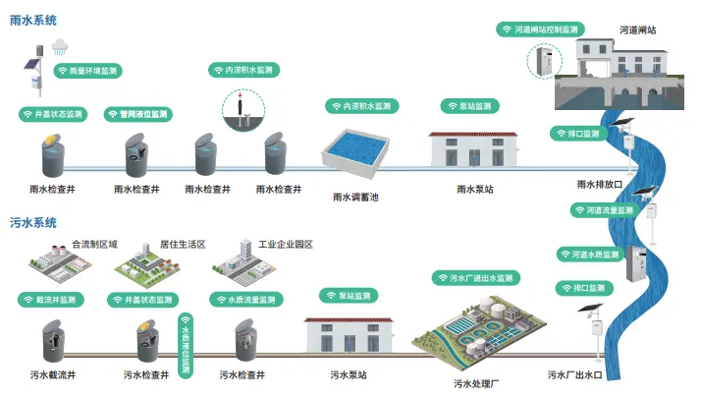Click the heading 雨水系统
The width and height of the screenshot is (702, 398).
pos(33,20)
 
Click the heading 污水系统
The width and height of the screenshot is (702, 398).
pos(33,223)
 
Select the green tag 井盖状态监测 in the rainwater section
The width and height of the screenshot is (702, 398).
pos(53,114)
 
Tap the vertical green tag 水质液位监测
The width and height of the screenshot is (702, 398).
pos(186,344)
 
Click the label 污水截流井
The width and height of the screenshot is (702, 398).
pos(53,374)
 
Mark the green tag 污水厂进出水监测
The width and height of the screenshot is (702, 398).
pos(474,278)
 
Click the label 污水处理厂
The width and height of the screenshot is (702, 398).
pos(476,382)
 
